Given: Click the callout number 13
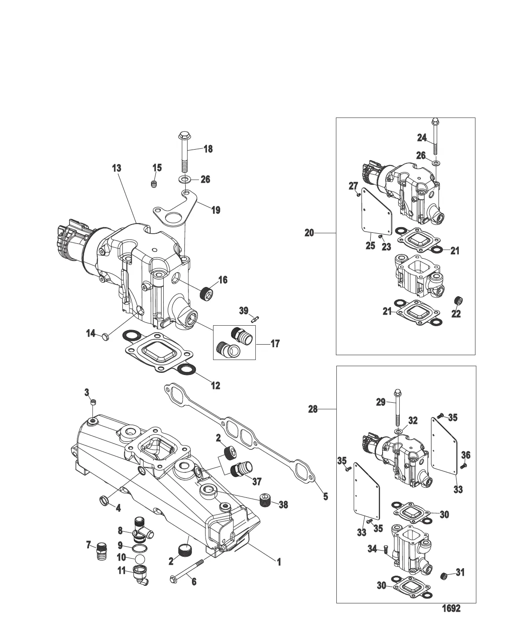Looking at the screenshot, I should click(x=116, y=169).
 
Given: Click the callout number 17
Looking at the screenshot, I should click(x=275, y=344).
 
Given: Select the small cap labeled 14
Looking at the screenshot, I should click(x=105, y=337).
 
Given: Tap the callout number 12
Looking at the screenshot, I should click(x=215, y=386).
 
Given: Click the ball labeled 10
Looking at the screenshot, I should click(x=140, y=558).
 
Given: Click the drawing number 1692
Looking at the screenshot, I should click(x=451, y=609).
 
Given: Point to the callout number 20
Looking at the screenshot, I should click(x=309, y=233).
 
